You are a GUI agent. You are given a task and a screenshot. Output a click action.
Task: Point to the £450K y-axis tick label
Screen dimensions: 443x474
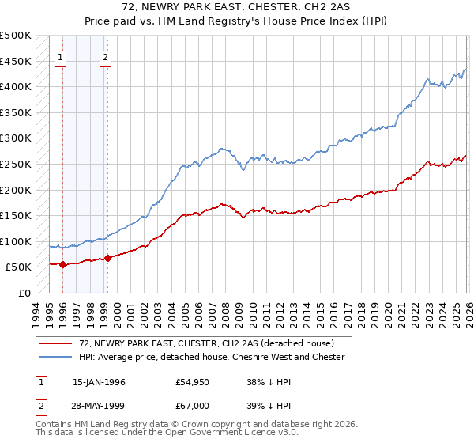tap(16, 61)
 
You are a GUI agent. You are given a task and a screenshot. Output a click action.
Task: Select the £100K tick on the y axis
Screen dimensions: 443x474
tap(16, 241)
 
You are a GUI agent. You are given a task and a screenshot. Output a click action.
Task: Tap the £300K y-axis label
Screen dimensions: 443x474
tap(16, 138)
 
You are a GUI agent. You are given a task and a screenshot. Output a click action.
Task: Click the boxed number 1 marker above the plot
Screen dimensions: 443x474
tap(62, 57)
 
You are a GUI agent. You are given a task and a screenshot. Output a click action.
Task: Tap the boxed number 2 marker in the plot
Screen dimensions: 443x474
tap(106, 57)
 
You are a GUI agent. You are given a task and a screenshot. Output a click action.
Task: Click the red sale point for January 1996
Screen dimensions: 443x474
tap(62, 265)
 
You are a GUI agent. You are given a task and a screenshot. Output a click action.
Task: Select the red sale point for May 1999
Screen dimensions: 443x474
tap(107, 259)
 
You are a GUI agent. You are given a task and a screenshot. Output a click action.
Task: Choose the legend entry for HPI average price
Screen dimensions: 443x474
tap(212, 357)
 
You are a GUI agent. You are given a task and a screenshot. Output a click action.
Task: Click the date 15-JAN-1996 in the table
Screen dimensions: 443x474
tap(99, 382)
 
